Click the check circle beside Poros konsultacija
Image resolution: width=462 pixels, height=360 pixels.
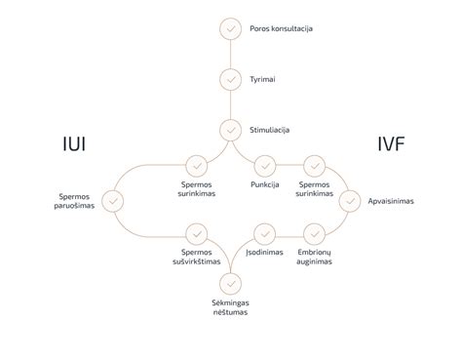tap(231, 28)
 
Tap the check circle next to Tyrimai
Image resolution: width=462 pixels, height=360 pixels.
tap(231, 79)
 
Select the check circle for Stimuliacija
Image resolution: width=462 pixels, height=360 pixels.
tap(231, 129)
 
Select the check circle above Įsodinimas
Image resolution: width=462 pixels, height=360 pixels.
tap(264, 234)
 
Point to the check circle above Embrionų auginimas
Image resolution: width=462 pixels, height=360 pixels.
tap(314, 234)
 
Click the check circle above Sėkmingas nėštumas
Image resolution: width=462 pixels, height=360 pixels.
tap(231, 283)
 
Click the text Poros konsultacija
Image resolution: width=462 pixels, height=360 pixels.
tap(282, 29)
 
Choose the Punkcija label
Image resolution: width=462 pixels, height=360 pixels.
tap(264, 185)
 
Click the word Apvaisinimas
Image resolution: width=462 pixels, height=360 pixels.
tap(390, 200)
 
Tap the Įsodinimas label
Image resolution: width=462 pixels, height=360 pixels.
tap(264, 253)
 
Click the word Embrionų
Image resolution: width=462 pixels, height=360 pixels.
tap(314, 253)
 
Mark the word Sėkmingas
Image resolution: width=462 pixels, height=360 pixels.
tap(231, 302)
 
